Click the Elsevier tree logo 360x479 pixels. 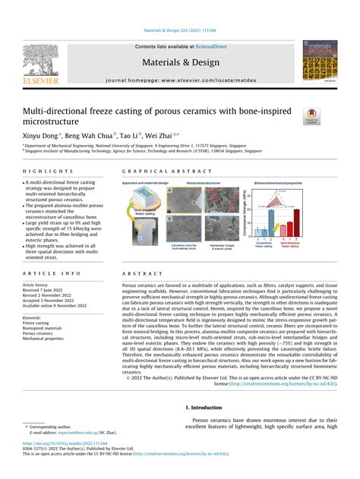39,61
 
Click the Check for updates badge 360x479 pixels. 311,115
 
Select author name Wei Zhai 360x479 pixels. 163,133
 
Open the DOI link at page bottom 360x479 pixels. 64,442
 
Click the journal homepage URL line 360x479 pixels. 179,79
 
